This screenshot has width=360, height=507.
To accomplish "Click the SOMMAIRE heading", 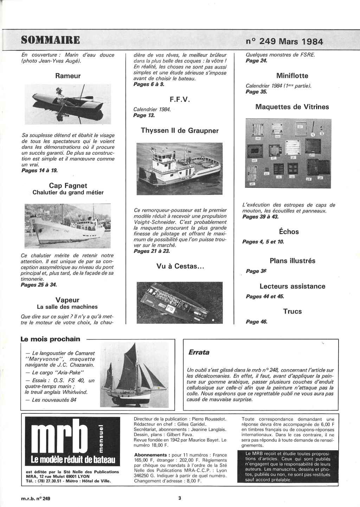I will coord(50,39).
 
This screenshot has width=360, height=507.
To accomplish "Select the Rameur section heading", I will coord(68,76).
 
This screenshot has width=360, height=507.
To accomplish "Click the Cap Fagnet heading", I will coord(68,185).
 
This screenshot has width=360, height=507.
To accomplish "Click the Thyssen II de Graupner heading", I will coord(180,131).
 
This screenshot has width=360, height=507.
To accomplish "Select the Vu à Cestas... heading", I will coord(180,266).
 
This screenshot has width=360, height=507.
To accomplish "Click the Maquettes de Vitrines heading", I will coord(292,107).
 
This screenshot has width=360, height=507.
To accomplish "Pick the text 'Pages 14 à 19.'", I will coord(39,170).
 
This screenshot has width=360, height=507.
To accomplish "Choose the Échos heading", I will coord(289,232).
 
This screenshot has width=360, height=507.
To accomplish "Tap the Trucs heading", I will coord(292,311).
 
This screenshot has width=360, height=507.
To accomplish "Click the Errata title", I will coord(199,352).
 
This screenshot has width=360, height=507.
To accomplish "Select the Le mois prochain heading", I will coord(51,339).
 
